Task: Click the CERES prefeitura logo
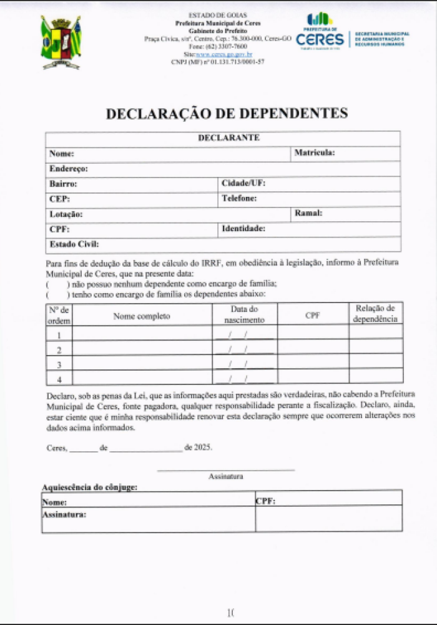pos(320,32)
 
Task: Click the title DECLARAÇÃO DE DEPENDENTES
pos(227,114)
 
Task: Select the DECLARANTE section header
pos(228,137)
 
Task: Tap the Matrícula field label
pos(315,152)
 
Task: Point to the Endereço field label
pos(68,169)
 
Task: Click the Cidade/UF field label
pos(243,184)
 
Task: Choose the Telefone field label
pos(239,199)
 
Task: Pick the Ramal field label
pos(308,213)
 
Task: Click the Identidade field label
pos(243,229)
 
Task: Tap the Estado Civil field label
pos(74,244)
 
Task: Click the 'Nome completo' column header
pos(142,316)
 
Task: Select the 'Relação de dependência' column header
pos(375,314)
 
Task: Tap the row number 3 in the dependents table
pos(59,364)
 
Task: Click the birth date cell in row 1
pos(244,335)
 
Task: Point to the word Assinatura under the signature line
pos(225,476)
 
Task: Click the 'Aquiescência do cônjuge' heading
pos(90,487)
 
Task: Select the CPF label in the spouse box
pos(265,501)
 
